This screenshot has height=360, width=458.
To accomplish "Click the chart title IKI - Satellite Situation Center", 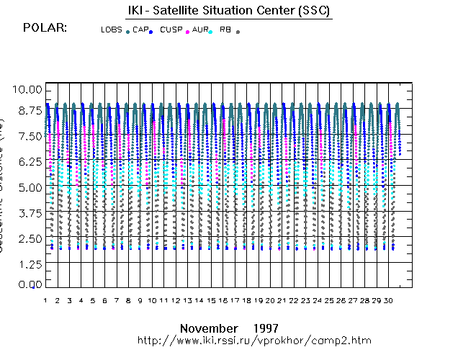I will (224, 10).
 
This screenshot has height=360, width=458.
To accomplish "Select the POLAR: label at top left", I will (45, 27).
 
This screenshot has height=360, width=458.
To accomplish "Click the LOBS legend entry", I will (112, 30).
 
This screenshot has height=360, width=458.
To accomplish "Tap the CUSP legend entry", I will (171, 30).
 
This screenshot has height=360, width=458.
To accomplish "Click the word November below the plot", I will (208, 328).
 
